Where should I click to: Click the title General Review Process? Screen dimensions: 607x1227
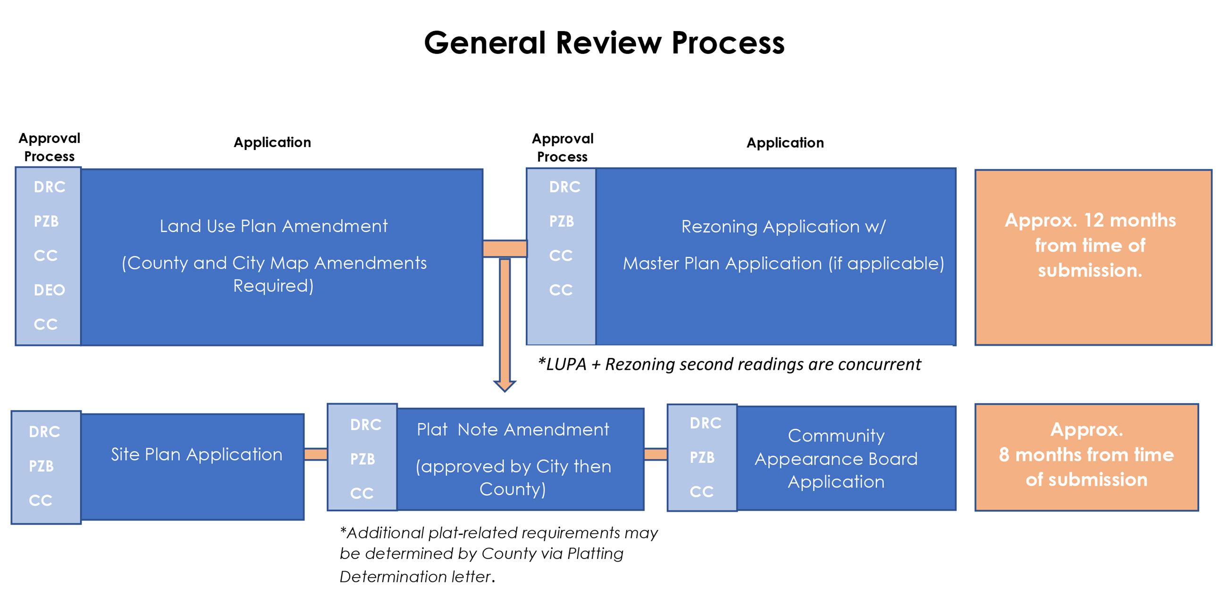click(x=604, y=43)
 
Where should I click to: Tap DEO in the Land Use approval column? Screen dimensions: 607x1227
click(x=49, y=290)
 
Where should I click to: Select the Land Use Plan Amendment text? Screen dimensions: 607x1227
click(x=273, y=226)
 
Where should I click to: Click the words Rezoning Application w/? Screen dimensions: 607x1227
click(x=783, y=226)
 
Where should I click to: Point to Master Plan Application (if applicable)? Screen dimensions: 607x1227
click(x=783, y=263)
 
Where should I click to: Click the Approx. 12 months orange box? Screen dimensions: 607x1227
click(x=1093, y=257)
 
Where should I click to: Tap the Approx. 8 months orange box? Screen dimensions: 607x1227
click(x=1086, y=457)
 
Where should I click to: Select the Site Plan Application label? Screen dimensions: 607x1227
click(x=196, y=455)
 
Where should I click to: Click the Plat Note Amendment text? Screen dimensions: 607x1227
click(x=513, y=430)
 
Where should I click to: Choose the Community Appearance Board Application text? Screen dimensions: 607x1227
click(x=836, y=458)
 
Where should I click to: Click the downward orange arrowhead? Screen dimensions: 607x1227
click(x=504, y=385)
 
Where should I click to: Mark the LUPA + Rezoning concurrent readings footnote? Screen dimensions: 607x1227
click(x=729, y=364)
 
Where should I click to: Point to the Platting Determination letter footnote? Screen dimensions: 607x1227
click(x=498, y=554)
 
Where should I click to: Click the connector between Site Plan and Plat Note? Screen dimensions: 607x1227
click(x=315, y=454)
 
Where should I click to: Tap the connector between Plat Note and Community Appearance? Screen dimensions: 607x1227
click(x=656, y=454)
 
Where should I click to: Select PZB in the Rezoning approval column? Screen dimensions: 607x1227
click(x=562, y=221)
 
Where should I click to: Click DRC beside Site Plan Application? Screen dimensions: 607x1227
click(x=44, y=432)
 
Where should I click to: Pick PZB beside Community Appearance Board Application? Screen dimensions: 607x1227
click(x=702, y=457)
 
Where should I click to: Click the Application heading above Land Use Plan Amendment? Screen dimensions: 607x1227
click(x=272, y=142)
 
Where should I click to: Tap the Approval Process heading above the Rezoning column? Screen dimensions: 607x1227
click(x=563, y=148)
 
